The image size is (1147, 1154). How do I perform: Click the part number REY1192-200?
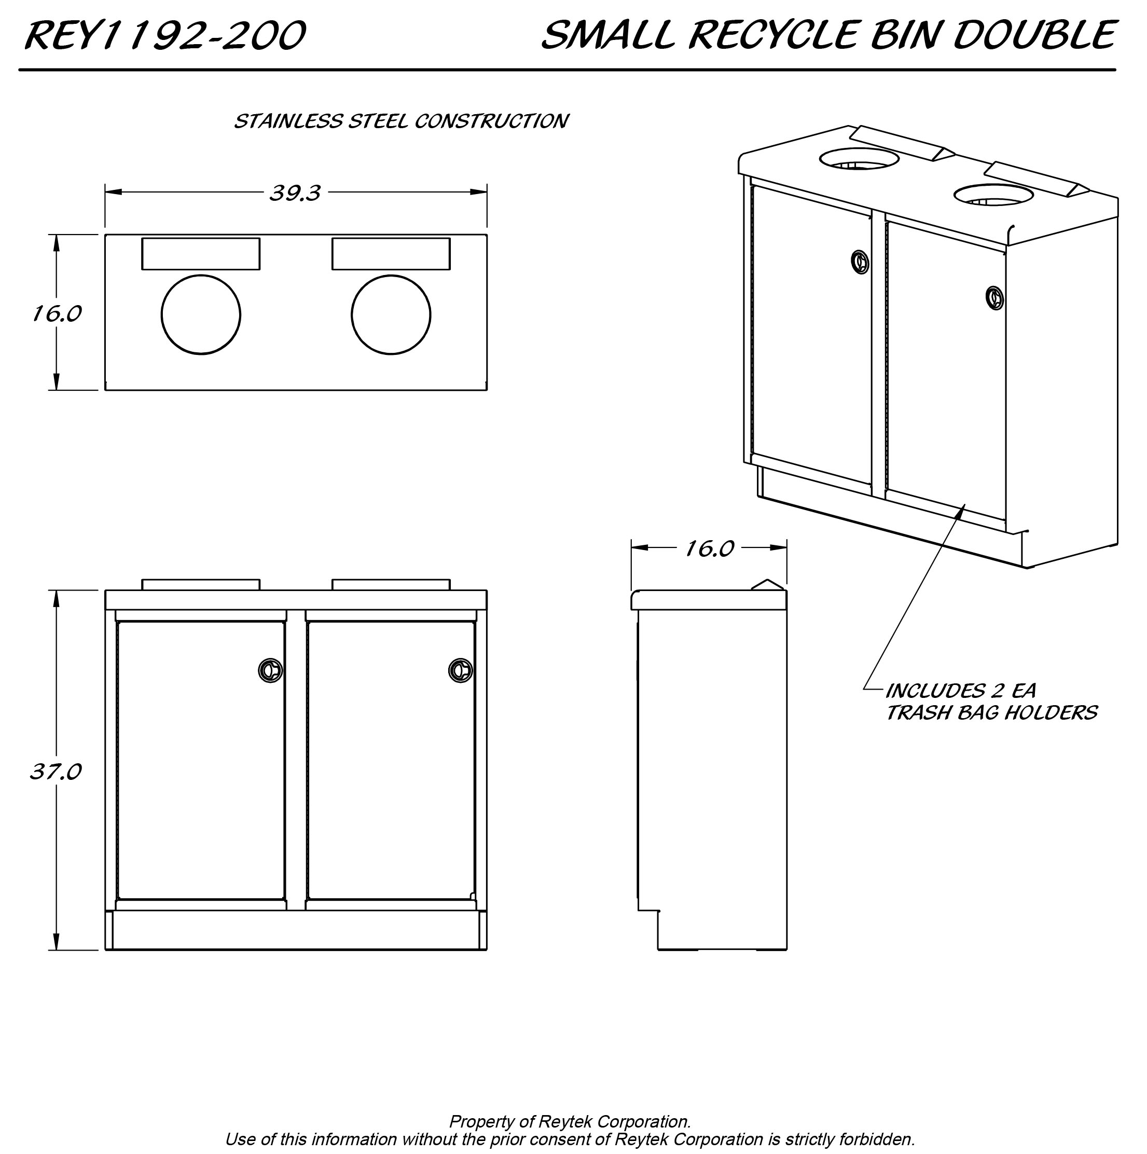[165, 35]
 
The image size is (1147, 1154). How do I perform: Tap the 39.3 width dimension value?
[295, 193]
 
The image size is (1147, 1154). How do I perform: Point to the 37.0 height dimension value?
[56, 772]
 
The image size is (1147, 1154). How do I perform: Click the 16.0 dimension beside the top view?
[57, 313]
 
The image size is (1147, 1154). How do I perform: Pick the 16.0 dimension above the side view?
[709, 548]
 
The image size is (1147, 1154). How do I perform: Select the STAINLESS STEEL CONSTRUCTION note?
[400, 121]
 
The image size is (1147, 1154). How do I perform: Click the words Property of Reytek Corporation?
[570, 1121]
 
